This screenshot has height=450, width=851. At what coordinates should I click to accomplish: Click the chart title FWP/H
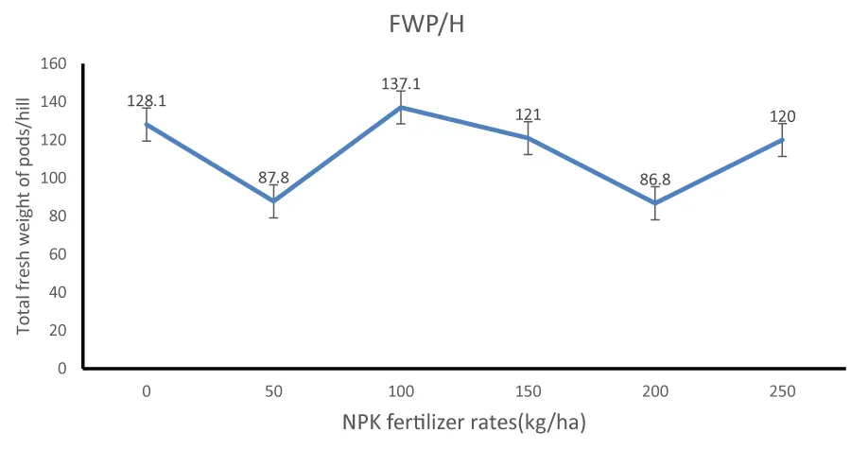click(x=427, y=26)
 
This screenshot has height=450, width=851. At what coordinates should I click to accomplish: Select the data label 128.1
click(x=146, y=101)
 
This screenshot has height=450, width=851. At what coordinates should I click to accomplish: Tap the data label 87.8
click(x=273, y=178)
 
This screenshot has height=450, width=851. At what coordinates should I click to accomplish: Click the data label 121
click(x=528, y=115)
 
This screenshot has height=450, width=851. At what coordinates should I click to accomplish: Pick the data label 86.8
click(x=655, y=180)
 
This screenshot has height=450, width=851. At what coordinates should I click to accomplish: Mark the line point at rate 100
click(x=400, y=107)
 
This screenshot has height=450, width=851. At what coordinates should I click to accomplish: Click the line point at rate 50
click(x=273, y=200)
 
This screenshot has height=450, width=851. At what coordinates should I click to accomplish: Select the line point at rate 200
click(x=655, y=202)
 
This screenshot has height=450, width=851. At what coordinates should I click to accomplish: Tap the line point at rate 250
click(x=782, y=140)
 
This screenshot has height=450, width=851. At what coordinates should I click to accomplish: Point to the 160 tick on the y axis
click(x=53, y=64)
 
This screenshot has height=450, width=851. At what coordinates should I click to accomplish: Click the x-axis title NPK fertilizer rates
click(x=464, y=422)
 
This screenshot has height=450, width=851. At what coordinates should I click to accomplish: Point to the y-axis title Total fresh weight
click(x=25, y=216)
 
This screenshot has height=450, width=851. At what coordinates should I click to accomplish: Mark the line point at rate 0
click(x=147, y=124)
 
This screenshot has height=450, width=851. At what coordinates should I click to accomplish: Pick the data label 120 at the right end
click(x=782, y=117)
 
